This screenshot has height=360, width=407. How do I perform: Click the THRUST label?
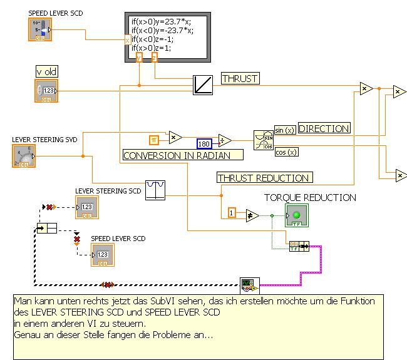[240, 78]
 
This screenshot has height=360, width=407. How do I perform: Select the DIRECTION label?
[324, 128]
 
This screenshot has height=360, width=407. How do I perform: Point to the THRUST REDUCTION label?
[264, 178]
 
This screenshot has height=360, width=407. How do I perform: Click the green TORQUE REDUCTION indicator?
[296, 215]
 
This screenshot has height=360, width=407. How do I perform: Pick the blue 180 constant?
[204, 144]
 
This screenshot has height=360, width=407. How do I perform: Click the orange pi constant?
[154, 139]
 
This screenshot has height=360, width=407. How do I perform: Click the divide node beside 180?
[224, 140]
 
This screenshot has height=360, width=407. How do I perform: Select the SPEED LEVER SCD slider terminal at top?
[39, 29]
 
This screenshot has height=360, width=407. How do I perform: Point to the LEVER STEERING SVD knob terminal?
[24, 157]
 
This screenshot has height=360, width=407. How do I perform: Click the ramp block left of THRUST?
[203, 84]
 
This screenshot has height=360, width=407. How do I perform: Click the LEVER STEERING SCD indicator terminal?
[86, 207]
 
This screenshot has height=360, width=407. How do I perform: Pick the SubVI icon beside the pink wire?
[249, 285]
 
